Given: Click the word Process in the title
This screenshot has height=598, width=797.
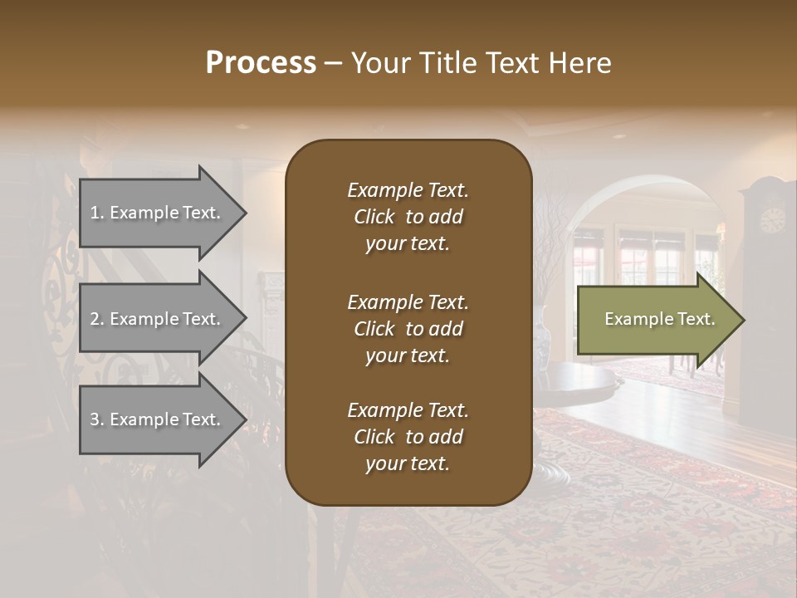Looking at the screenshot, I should point(261,63).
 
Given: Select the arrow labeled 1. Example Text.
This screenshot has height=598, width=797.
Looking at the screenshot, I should point(158,213).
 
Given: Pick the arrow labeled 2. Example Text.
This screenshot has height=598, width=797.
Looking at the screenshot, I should point(158,319).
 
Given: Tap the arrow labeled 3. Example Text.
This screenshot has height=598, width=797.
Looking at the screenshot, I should point(158,419).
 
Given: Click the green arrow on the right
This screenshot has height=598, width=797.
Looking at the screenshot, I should point(656,319).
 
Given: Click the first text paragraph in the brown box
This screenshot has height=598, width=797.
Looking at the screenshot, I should point(408,217).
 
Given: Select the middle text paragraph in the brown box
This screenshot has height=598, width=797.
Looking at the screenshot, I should point(408,329).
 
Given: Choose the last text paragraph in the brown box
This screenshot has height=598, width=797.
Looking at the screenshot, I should point(408,437).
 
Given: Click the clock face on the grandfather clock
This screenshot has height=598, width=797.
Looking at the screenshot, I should point(772,220).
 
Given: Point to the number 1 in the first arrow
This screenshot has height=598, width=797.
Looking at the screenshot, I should point(95,213).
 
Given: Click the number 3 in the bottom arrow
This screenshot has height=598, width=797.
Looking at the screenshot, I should point(95,419).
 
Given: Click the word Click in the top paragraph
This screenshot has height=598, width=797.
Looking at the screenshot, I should point(374,217).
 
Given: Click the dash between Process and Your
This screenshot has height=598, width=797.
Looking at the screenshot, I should point(333,64).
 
